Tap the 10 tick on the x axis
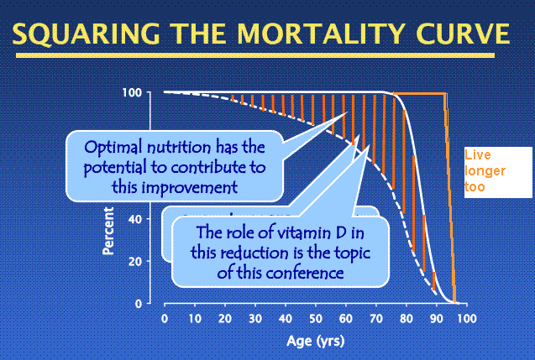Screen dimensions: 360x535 tap(195, 320)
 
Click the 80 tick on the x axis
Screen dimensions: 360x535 tap(406, 320)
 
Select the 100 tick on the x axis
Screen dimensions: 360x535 tap(467, 320)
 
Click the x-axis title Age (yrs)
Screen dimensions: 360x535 tap(316, 342)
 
